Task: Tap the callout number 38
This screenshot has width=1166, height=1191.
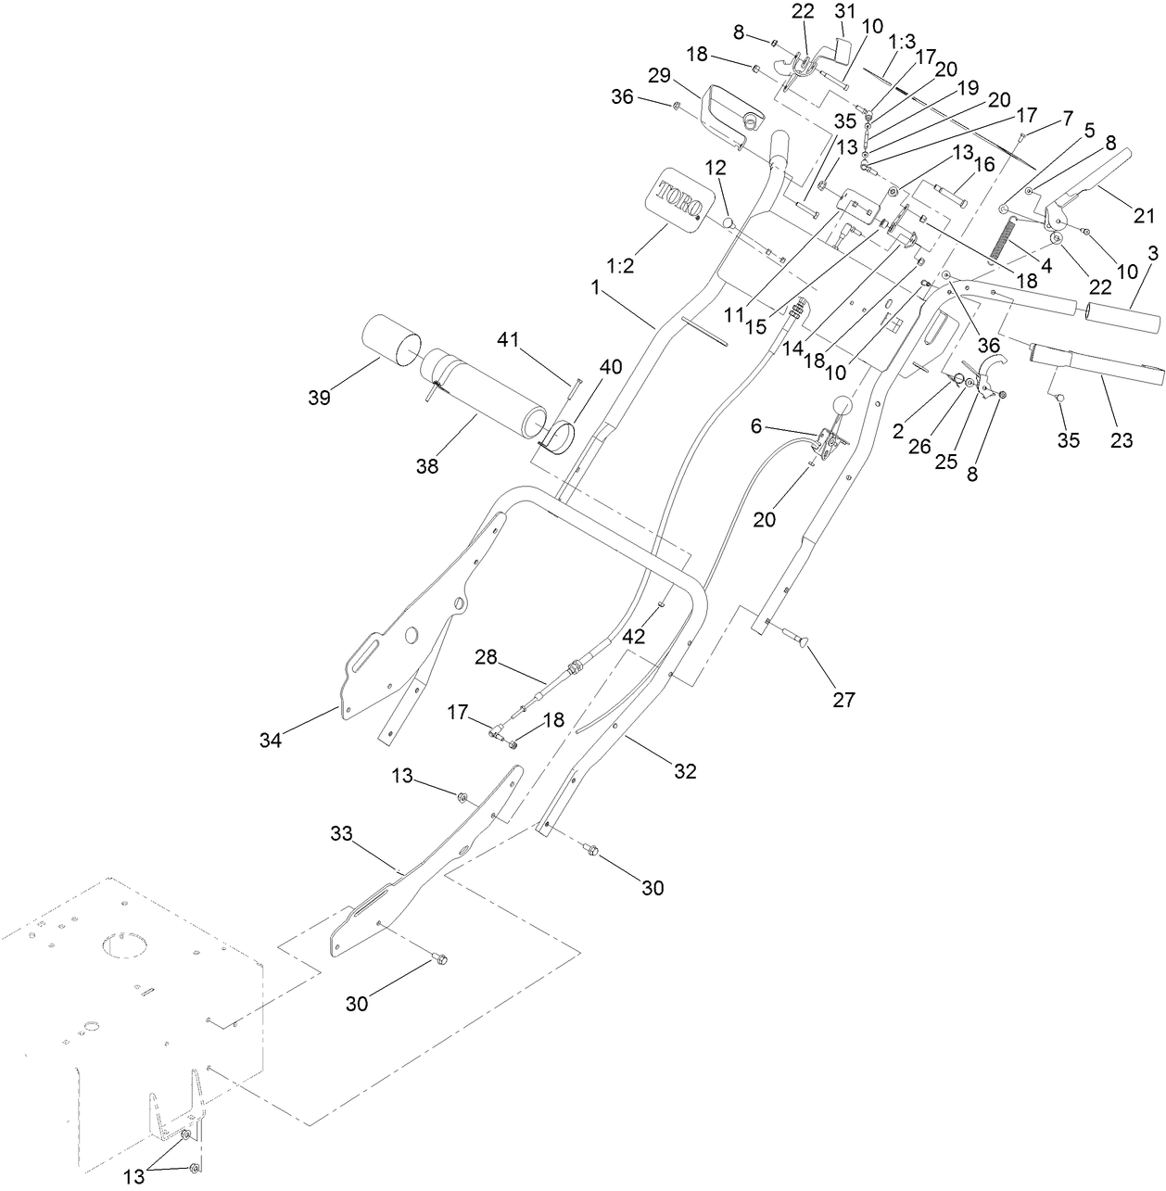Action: pos(427,467)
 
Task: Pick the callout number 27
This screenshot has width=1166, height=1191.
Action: pos(843,700)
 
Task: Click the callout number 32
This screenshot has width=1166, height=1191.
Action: pos(685,771)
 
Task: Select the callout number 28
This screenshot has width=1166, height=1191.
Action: pos(487,657)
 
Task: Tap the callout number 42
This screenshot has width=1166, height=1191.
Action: pos(635,637)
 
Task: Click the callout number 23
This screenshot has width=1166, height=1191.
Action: pos(1122,441)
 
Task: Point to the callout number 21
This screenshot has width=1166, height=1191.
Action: pos(1145,216)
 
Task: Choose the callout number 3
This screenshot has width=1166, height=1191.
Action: pos(1152,252)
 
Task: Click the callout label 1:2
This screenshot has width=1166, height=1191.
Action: pos(622,265)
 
